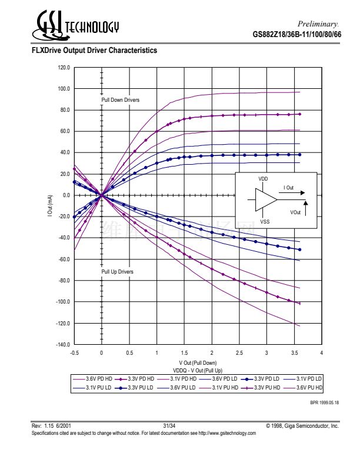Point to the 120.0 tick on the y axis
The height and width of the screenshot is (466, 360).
click(64, 68)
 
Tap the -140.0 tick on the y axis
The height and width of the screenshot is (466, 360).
click(63, 344)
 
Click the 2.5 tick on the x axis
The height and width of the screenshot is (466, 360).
click(239, 352)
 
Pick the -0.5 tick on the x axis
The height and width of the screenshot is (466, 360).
click(74, 352)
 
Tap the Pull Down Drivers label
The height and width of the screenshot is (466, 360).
click(121, 100)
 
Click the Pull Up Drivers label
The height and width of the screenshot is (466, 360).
click(118, 272)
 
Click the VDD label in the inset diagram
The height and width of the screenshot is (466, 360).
click(263, 178)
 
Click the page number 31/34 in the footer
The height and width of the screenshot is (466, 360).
click(170, 425)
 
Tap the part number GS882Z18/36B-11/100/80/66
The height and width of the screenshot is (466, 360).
click(296, 35)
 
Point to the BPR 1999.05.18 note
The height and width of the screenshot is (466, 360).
click(324, 402)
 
